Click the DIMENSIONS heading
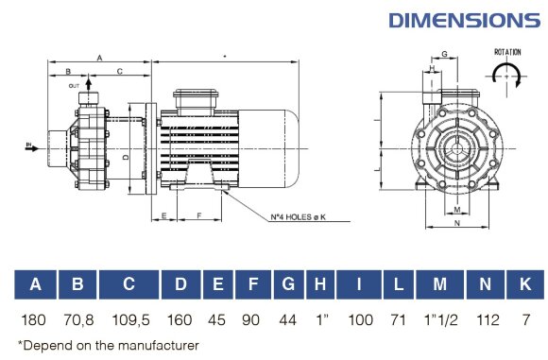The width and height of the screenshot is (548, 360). pos(464,19)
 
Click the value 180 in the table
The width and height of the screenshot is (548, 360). pos(36,319)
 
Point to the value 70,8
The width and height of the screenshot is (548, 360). pos(79,319)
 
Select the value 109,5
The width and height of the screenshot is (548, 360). pos(129,319)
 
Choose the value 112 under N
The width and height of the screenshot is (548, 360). pos(486,319)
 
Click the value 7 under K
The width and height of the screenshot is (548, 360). pos(523,319)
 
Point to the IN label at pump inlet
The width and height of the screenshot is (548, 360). pos(28,145)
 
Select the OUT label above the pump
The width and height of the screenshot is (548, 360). pos(75,86)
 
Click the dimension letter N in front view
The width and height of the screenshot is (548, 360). pos(456,224)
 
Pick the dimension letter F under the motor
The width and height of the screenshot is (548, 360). pos(199,215)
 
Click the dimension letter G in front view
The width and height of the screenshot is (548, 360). pos(443,55)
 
